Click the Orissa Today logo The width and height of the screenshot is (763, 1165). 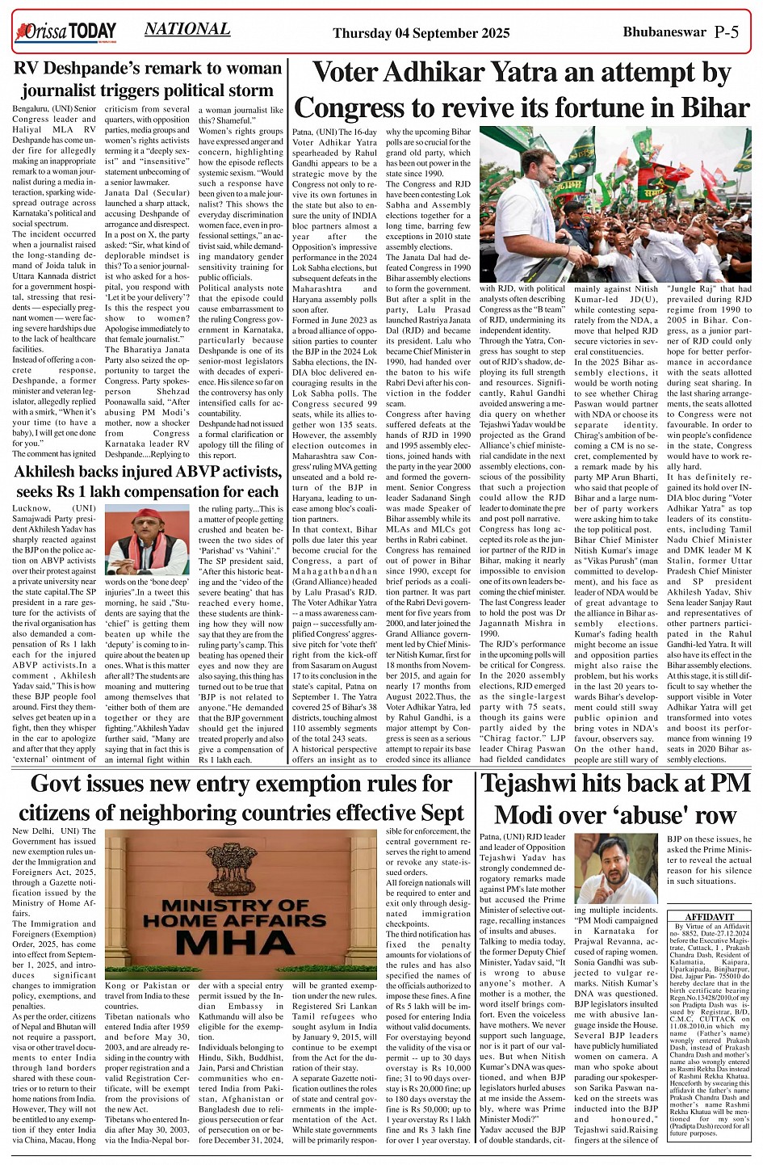(65, 32)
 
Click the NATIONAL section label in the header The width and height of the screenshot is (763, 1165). (187, 29)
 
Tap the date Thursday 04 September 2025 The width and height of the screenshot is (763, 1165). (421, 33)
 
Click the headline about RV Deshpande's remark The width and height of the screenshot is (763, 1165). (148, 79)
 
